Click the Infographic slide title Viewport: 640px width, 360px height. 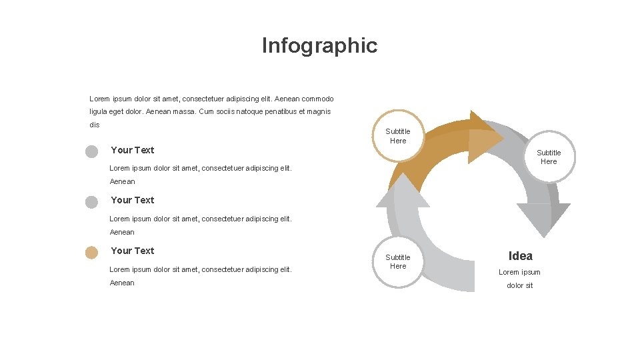coord(319,45)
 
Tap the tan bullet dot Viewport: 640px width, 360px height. coord(91,252)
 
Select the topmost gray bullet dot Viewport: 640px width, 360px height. coord(91,151)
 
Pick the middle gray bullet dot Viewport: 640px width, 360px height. coord(91,201)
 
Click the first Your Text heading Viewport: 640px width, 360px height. coord(132,150)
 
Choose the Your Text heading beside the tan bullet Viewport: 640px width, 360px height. coord(132,251)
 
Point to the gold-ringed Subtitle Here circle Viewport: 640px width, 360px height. coord(398,136)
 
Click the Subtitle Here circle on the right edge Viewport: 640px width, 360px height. coord(549,157)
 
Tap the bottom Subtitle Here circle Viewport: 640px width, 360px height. coord(398,261)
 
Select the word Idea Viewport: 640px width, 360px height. coord(520,256)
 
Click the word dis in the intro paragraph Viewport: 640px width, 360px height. coord(94,125)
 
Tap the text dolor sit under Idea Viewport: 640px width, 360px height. coord(520,285)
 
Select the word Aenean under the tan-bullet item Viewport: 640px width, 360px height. coord(122,283)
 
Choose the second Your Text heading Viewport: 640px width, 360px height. coord(132,200)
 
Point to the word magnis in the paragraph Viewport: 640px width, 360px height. coord(319,111)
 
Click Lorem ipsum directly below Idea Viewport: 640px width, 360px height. coord(520,272)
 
